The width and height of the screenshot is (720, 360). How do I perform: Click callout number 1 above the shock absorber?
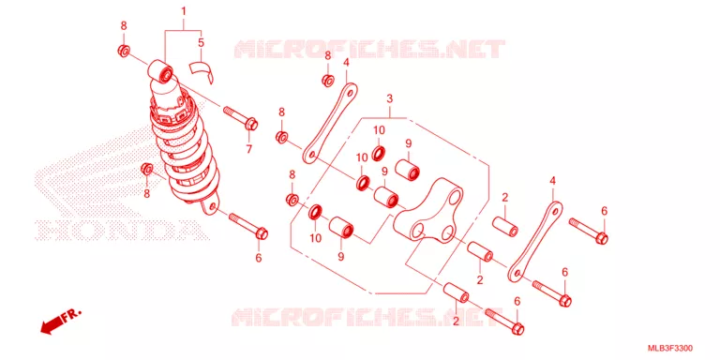183,10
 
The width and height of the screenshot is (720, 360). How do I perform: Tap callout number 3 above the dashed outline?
389,98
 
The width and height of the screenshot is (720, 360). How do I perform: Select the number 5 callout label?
201,43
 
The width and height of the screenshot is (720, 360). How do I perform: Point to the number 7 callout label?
248,149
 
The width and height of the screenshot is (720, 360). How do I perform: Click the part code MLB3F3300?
670,348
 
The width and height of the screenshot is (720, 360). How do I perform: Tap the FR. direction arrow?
60,321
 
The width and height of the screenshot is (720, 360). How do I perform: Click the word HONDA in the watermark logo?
117,230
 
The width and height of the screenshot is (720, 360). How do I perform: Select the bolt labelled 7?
241,117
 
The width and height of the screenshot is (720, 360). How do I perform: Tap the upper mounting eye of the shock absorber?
160,71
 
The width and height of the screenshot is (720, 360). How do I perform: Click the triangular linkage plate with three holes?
427,210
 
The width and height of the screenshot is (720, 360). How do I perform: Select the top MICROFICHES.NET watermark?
369,49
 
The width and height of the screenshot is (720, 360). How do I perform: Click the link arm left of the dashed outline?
330,123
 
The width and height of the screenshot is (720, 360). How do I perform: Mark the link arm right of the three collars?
536,242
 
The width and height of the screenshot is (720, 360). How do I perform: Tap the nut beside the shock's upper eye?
123,51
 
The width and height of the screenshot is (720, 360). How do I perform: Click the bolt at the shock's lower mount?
248,225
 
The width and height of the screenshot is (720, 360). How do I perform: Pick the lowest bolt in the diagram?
504,322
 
